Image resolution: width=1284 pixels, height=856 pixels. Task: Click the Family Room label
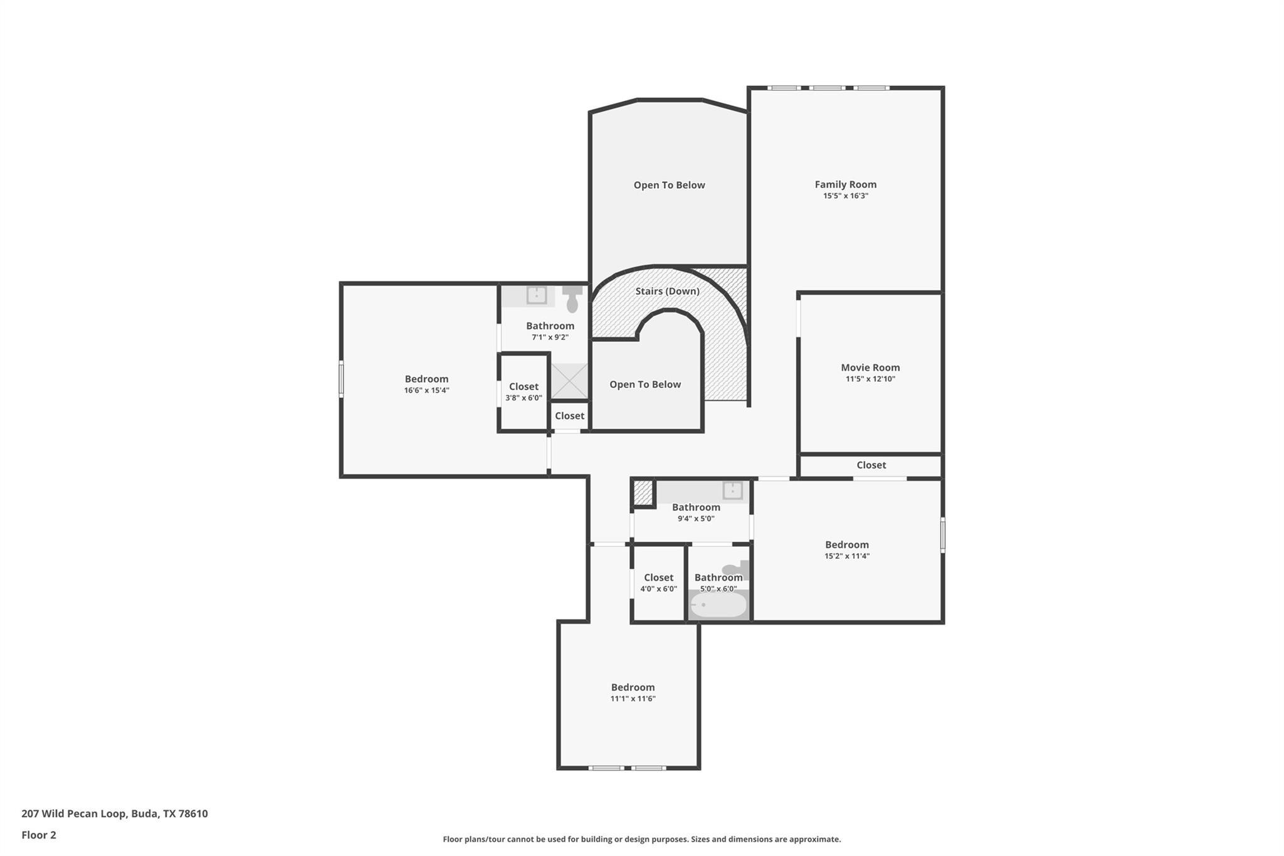click(x=845, y=184)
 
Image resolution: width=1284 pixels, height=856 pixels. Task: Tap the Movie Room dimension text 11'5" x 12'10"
click(x=870, y=379)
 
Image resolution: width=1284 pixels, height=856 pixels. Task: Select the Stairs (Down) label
click(x=667, y=291)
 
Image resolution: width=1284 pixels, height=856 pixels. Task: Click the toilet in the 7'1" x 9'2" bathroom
click(x=572, y=300)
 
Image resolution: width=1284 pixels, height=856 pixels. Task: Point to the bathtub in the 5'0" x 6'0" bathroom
click(x=718, y=605)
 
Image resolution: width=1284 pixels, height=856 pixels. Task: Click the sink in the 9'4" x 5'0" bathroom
click(x=732, y=490)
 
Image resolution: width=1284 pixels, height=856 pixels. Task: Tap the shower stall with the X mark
click(x=569, y=381)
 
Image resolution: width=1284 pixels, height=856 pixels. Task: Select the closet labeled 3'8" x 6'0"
click(x=524, y=392)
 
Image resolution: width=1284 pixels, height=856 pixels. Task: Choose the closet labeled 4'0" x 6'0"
click(x=658, y=583)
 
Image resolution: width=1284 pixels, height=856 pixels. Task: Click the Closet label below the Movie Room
click(x=871, y=465)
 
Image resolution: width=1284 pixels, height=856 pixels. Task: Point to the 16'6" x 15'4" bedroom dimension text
click(x=426, y=390)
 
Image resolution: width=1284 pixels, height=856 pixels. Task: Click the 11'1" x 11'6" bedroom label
click(x=633, y=687)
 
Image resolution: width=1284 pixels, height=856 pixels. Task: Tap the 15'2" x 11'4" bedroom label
click(x=846, y=545)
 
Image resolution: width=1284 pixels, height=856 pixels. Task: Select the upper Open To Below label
click(x=669, y=185)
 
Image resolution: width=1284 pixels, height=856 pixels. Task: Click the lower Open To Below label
click(x=645, y=384)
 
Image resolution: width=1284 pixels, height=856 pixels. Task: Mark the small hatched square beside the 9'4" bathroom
click(x=643, y=492)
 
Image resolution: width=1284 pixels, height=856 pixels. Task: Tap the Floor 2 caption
click(x=39, y=835)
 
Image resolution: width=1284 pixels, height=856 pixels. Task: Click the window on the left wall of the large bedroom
click(x=341, y=378)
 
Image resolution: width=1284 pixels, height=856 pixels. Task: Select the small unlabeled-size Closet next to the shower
click(x=569, y=416)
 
